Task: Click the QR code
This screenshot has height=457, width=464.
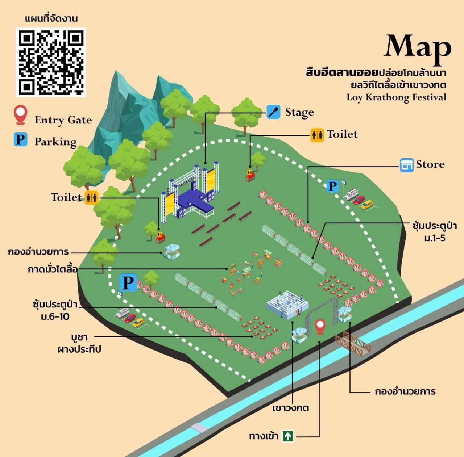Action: click(x=51, y=62)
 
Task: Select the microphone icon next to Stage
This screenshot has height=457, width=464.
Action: click(x=273, y=112)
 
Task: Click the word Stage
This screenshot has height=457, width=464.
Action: click(x=299, y=113)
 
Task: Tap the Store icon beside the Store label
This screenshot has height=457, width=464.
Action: click(x=406, y=165)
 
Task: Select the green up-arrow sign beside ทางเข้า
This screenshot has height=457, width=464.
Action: click(x=288, y=436)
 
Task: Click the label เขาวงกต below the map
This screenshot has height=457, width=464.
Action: click(x=291, y=408)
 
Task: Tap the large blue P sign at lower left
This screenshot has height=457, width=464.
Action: click(x=128, y=283)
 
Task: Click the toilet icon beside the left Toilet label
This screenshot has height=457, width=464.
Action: click(x=91, y=198)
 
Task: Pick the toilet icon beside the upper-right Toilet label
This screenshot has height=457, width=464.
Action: click(x=317, y=135)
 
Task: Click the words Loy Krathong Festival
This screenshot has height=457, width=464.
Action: click(x=396, y=97)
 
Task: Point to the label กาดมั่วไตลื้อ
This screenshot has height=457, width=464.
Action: click(x=53, y=269)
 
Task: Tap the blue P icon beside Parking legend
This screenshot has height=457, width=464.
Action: click(x=20, y=139)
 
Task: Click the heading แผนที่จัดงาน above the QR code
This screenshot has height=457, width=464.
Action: click(x=51, y=18)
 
